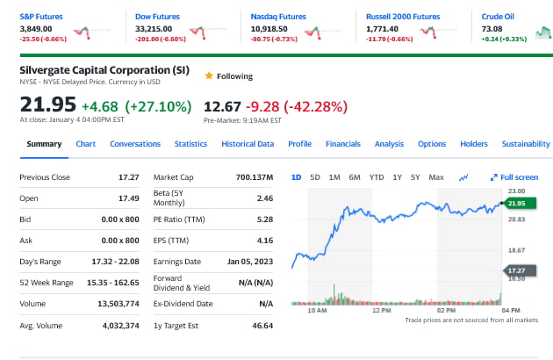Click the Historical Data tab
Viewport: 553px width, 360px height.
pos(248,144)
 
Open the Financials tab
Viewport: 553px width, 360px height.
pos(342,144)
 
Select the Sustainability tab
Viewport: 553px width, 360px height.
pos(526,144)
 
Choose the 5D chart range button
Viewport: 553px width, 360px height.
pos(315,177)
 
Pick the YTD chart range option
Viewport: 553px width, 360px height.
pos(377,177)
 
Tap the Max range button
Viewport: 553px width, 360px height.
pos(436,177)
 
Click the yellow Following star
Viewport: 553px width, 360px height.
pos(208,76)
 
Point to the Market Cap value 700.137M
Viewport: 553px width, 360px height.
pos(255,177)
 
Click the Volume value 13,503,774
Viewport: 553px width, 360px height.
pos(119,304)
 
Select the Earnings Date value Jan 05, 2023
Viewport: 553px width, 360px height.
pos(250,262)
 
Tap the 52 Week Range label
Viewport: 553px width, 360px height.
pos(45,283)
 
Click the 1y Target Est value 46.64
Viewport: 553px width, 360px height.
pos(262,325)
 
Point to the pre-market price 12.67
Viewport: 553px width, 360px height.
pos(222,107)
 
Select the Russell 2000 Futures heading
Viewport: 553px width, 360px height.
pos(403,17)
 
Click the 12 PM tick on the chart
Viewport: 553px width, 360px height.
pos(381,311)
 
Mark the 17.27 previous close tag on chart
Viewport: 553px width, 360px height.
pos(515,270)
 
